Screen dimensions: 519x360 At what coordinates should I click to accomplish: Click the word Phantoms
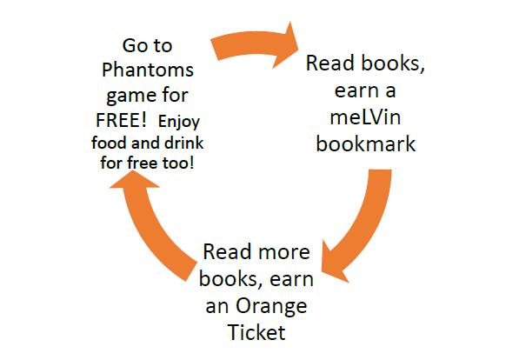[147, 70]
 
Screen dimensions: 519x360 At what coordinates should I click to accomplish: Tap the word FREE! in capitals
[121, 119]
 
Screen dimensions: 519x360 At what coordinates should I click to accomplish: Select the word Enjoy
[179, 123]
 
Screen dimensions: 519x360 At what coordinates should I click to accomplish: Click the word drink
[184, 143]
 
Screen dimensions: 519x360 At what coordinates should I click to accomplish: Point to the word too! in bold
[177, 163]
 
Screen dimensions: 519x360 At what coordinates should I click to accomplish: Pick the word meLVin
[365, 117]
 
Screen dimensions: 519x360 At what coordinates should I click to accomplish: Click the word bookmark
[366, 143]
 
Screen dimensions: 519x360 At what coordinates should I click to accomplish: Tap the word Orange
[271, 307]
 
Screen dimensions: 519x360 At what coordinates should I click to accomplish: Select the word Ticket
[256, 332]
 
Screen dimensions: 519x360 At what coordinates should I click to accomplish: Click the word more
[284, 252]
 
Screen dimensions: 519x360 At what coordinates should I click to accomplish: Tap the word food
[109, 143]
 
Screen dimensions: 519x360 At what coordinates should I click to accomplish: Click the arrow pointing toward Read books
[255, 44]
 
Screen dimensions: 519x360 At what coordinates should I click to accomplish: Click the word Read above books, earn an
[227, 251]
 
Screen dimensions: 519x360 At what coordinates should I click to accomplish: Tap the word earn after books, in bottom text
[291, 279]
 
